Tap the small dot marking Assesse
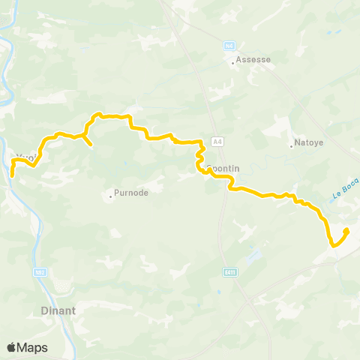(x=233, y=63)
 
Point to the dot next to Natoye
(x=292, y=145)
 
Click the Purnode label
(x=131, y=193)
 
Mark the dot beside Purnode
(x=111, y=196)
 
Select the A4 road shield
(x=217, y=141)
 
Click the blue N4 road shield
(x=230, y=45)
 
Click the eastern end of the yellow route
(x=347, y=229)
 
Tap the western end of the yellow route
(x=12, y=175)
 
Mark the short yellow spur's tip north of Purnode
(x=91, y=144)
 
